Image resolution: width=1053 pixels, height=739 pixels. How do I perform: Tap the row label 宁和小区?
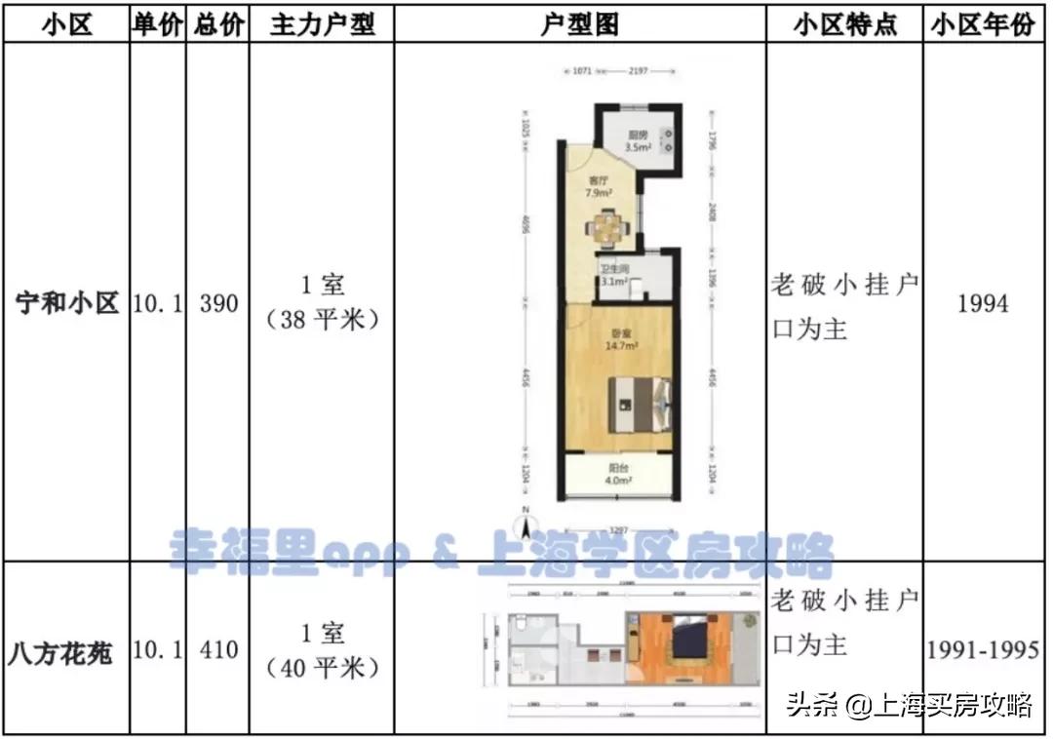67,304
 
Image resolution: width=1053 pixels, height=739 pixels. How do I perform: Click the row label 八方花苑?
67,651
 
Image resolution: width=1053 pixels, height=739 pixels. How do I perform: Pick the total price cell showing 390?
218,304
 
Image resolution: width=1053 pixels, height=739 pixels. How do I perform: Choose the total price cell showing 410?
218,651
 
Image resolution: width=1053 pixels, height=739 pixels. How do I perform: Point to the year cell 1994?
982,304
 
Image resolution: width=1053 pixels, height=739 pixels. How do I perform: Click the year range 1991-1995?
982,651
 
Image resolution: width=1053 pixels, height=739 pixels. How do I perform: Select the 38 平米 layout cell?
322,302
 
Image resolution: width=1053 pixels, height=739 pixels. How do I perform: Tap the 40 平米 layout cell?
322,650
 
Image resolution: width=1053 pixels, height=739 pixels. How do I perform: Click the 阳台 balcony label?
617,474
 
